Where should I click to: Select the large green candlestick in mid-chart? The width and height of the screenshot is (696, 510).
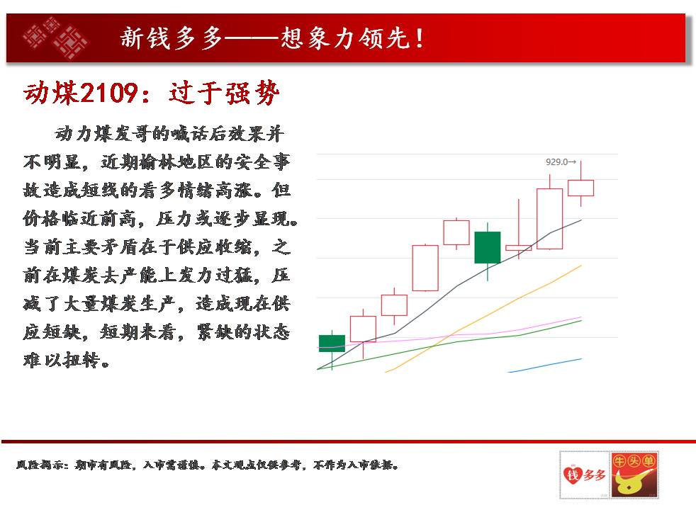(488, 247)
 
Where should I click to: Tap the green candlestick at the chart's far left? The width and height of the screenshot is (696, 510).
(332, 344)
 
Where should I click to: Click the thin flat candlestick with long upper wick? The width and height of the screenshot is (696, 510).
(518, 247)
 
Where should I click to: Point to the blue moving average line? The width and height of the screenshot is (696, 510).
(545, 365)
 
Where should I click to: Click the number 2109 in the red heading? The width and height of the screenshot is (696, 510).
(108, 93)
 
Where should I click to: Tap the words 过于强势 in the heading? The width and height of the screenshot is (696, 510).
(224, 93)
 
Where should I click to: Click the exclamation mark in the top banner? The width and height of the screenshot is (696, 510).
(420, 38)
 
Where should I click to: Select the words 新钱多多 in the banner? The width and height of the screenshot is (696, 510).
(172, 38)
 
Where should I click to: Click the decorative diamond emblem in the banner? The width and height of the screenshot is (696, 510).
(55, 38)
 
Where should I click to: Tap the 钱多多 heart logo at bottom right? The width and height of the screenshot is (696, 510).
(585, 475)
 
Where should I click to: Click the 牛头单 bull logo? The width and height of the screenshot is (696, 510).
(634, 475)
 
